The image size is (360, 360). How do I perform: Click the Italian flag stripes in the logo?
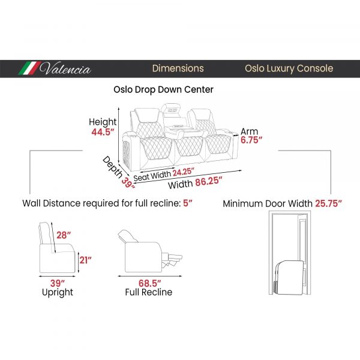pos(29,68)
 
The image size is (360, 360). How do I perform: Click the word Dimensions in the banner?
pos(178,68)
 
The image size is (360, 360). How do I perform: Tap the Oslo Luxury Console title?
pos(289,68)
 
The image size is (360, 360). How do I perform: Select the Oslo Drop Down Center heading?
pos(163,89)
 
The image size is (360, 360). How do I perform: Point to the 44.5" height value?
pos(103,132)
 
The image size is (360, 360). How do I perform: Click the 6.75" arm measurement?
pos(251,140)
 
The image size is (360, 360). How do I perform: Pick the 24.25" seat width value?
pos(184,172)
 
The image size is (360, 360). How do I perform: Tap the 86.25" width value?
pos(209,181)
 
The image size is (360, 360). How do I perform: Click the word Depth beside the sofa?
pos(112,167)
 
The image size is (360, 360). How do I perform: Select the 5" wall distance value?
pos(188,203)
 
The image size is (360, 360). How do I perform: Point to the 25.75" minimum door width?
pos(328,203)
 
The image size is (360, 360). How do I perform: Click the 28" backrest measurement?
pos(64,235)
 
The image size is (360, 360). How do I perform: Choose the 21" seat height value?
pos(85,260)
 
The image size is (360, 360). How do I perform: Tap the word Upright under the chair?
pos(58,293)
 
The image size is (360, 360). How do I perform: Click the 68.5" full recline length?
pos(149,283)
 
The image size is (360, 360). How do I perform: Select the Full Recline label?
pos(149,292)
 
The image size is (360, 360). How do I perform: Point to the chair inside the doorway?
pos(290,277)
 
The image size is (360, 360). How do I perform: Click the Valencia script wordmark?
pos(65,68)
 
